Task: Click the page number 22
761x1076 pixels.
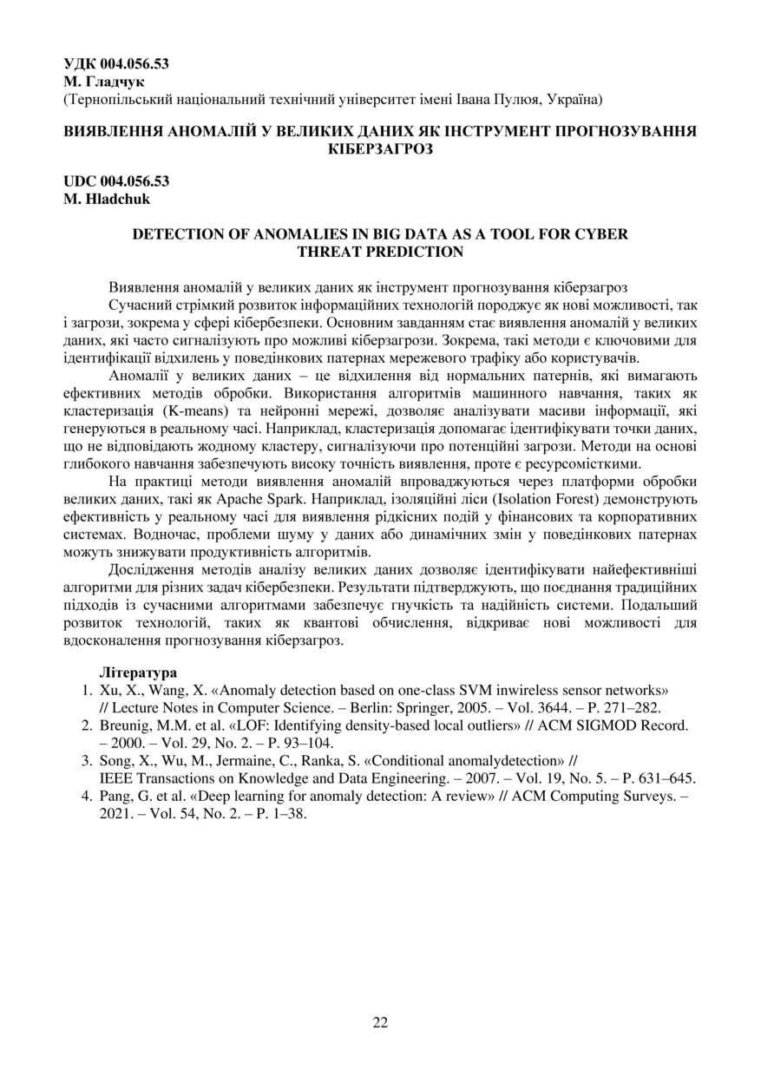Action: click(380, 1021)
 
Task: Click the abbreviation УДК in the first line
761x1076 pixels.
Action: click(82, 63)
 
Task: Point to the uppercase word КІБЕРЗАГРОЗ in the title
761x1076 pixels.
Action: click(380, 148)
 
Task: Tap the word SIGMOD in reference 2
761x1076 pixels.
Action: click(594, 725)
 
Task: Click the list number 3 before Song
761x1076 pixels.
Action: click(87, 761)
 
